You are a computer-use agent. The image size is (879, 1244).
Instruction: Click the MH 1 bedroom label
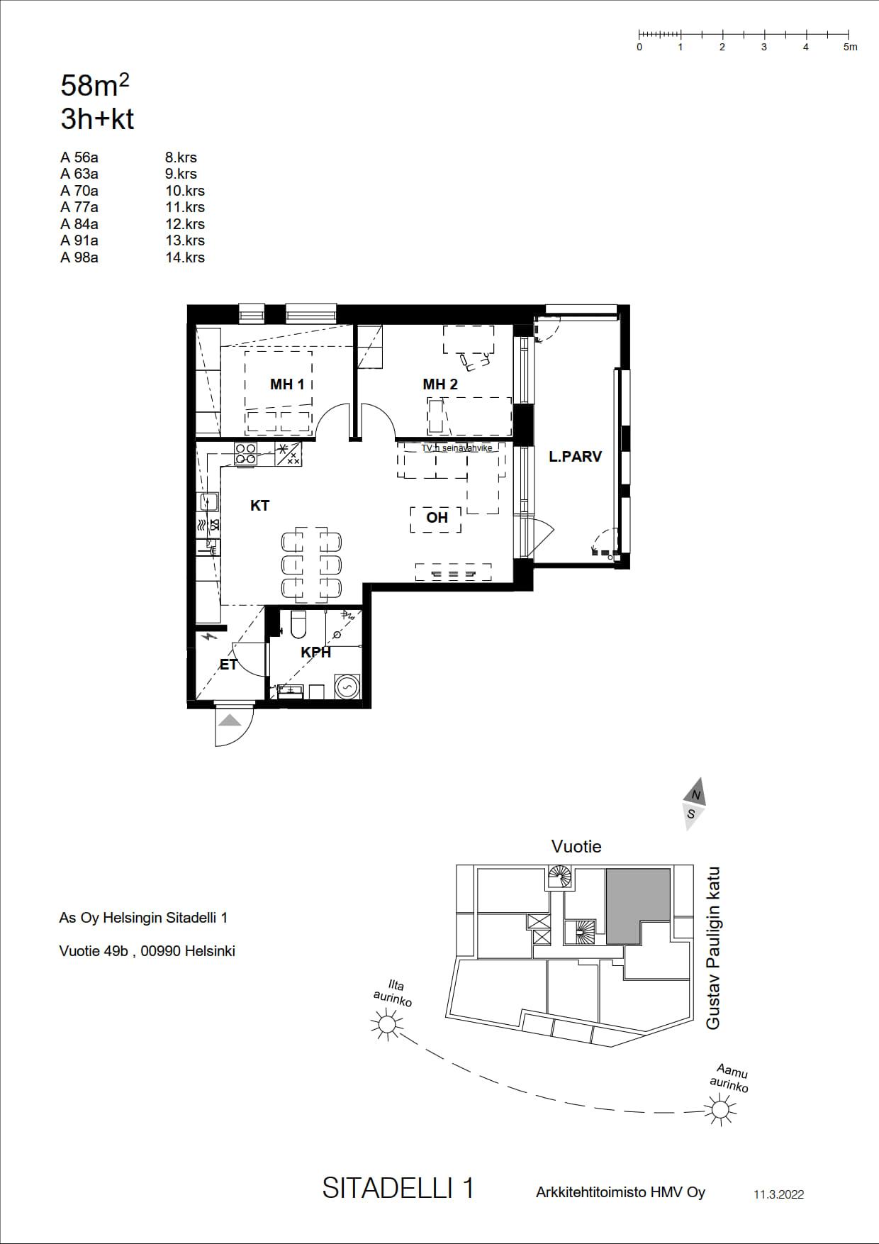pos(287,384)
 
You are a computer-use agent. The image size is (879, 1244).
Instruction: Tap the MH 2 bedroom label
pos(440,384)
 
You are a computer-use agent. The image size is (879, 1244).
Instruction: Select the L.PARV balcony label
pos(575,457)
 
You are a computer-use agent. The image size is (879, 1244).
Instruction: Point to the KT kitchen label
pos(260,506)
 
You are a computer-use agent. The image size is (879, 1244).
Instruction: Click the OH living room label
pos(437,518)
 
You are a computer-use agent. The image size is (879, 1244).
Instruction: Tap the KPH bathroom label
pos(316,652)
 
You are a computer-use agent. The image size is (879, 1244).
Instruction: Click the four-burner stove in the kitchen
pos(245,454)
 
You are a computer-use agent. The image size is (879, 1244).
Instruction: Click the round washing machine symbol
pos(347,687)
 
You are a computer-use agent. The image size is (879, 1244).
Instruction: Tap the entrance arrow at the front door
pos(230,721)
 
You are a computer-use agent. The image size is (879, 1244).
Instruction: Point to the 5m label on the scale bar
pos(851,47)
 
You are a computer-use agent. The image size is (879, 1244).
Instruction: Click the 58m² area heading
pos(95,85)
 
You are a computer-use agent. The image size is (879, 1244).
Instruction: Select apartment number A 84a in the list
pos(79,224)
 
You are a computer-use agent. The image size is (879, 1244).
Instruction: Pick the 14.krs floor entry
pos(185,257)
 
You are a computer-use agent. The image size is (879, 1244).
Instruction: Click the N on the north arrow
pos(697,795)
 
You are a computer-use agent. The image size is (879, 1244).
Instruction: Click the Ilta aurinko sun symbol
pos(387,1024)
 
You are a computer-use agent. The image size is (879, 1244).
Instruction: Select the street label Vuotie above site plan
pos(576,846)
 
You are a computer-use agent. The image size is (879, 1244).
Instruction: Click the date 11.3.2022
pos(779,1194)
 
